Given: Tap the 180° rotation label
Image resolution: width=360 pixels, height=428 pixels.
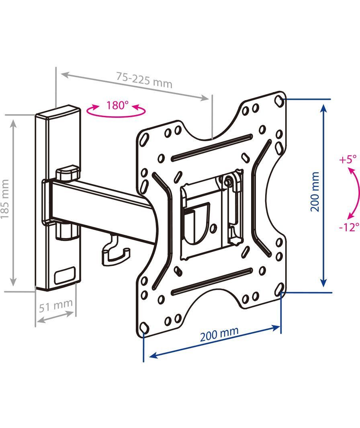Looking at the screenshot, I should tap(117, 105).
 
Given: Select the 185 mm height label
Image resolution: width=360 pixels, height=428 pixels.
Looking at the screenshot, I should tap(5, 199).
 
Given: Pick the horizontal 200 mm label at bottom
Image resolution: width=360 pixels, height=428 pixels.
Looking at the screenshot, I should tap(219, 334).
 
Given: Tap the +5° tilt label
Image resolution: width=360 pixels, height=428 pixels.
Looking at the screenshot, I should tap(348, 159).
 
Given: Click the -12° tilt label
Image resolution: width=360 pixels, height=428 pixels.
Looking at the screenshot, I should tap(348, 227).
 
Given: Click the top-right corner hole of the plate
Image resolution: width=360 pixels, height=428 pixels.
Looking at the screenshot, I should tap(279, 101).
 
